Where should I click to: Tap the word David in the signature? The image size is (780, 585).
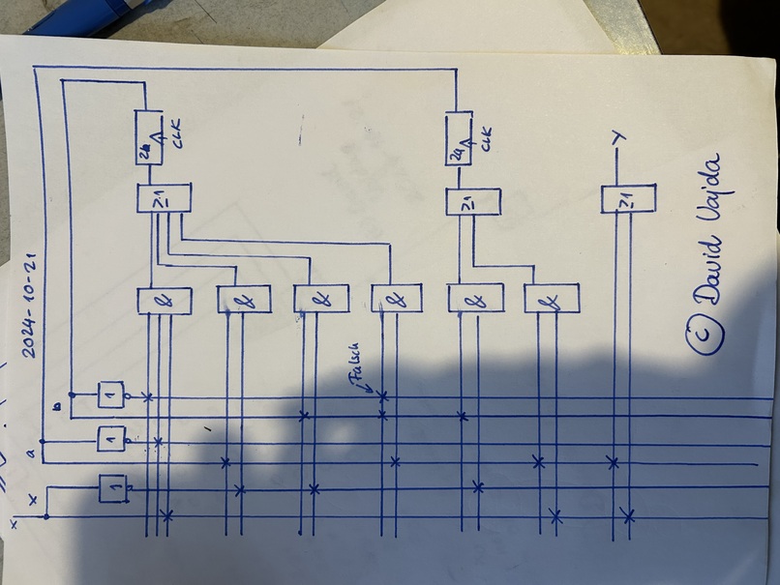click(x=713, y=271)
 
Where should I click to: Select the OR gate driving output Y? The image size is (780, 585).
click(x=626, y=200)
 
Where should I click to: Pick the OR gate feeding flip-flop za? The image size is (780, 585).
click(x=471, y=202)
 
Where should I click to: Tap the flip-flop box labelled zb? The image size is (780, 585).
click(x=146, y=139)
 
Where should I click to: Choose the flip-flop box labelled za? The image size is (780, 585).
click(x=458, y=139)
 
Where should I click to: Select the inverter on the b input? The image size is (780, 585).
click(x=112, y=395)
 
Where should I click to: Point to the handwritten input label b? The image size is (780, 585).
click(x=58, y=409)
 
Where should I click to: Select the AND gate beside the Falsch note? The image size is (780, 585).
click(x=394, y=299)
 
